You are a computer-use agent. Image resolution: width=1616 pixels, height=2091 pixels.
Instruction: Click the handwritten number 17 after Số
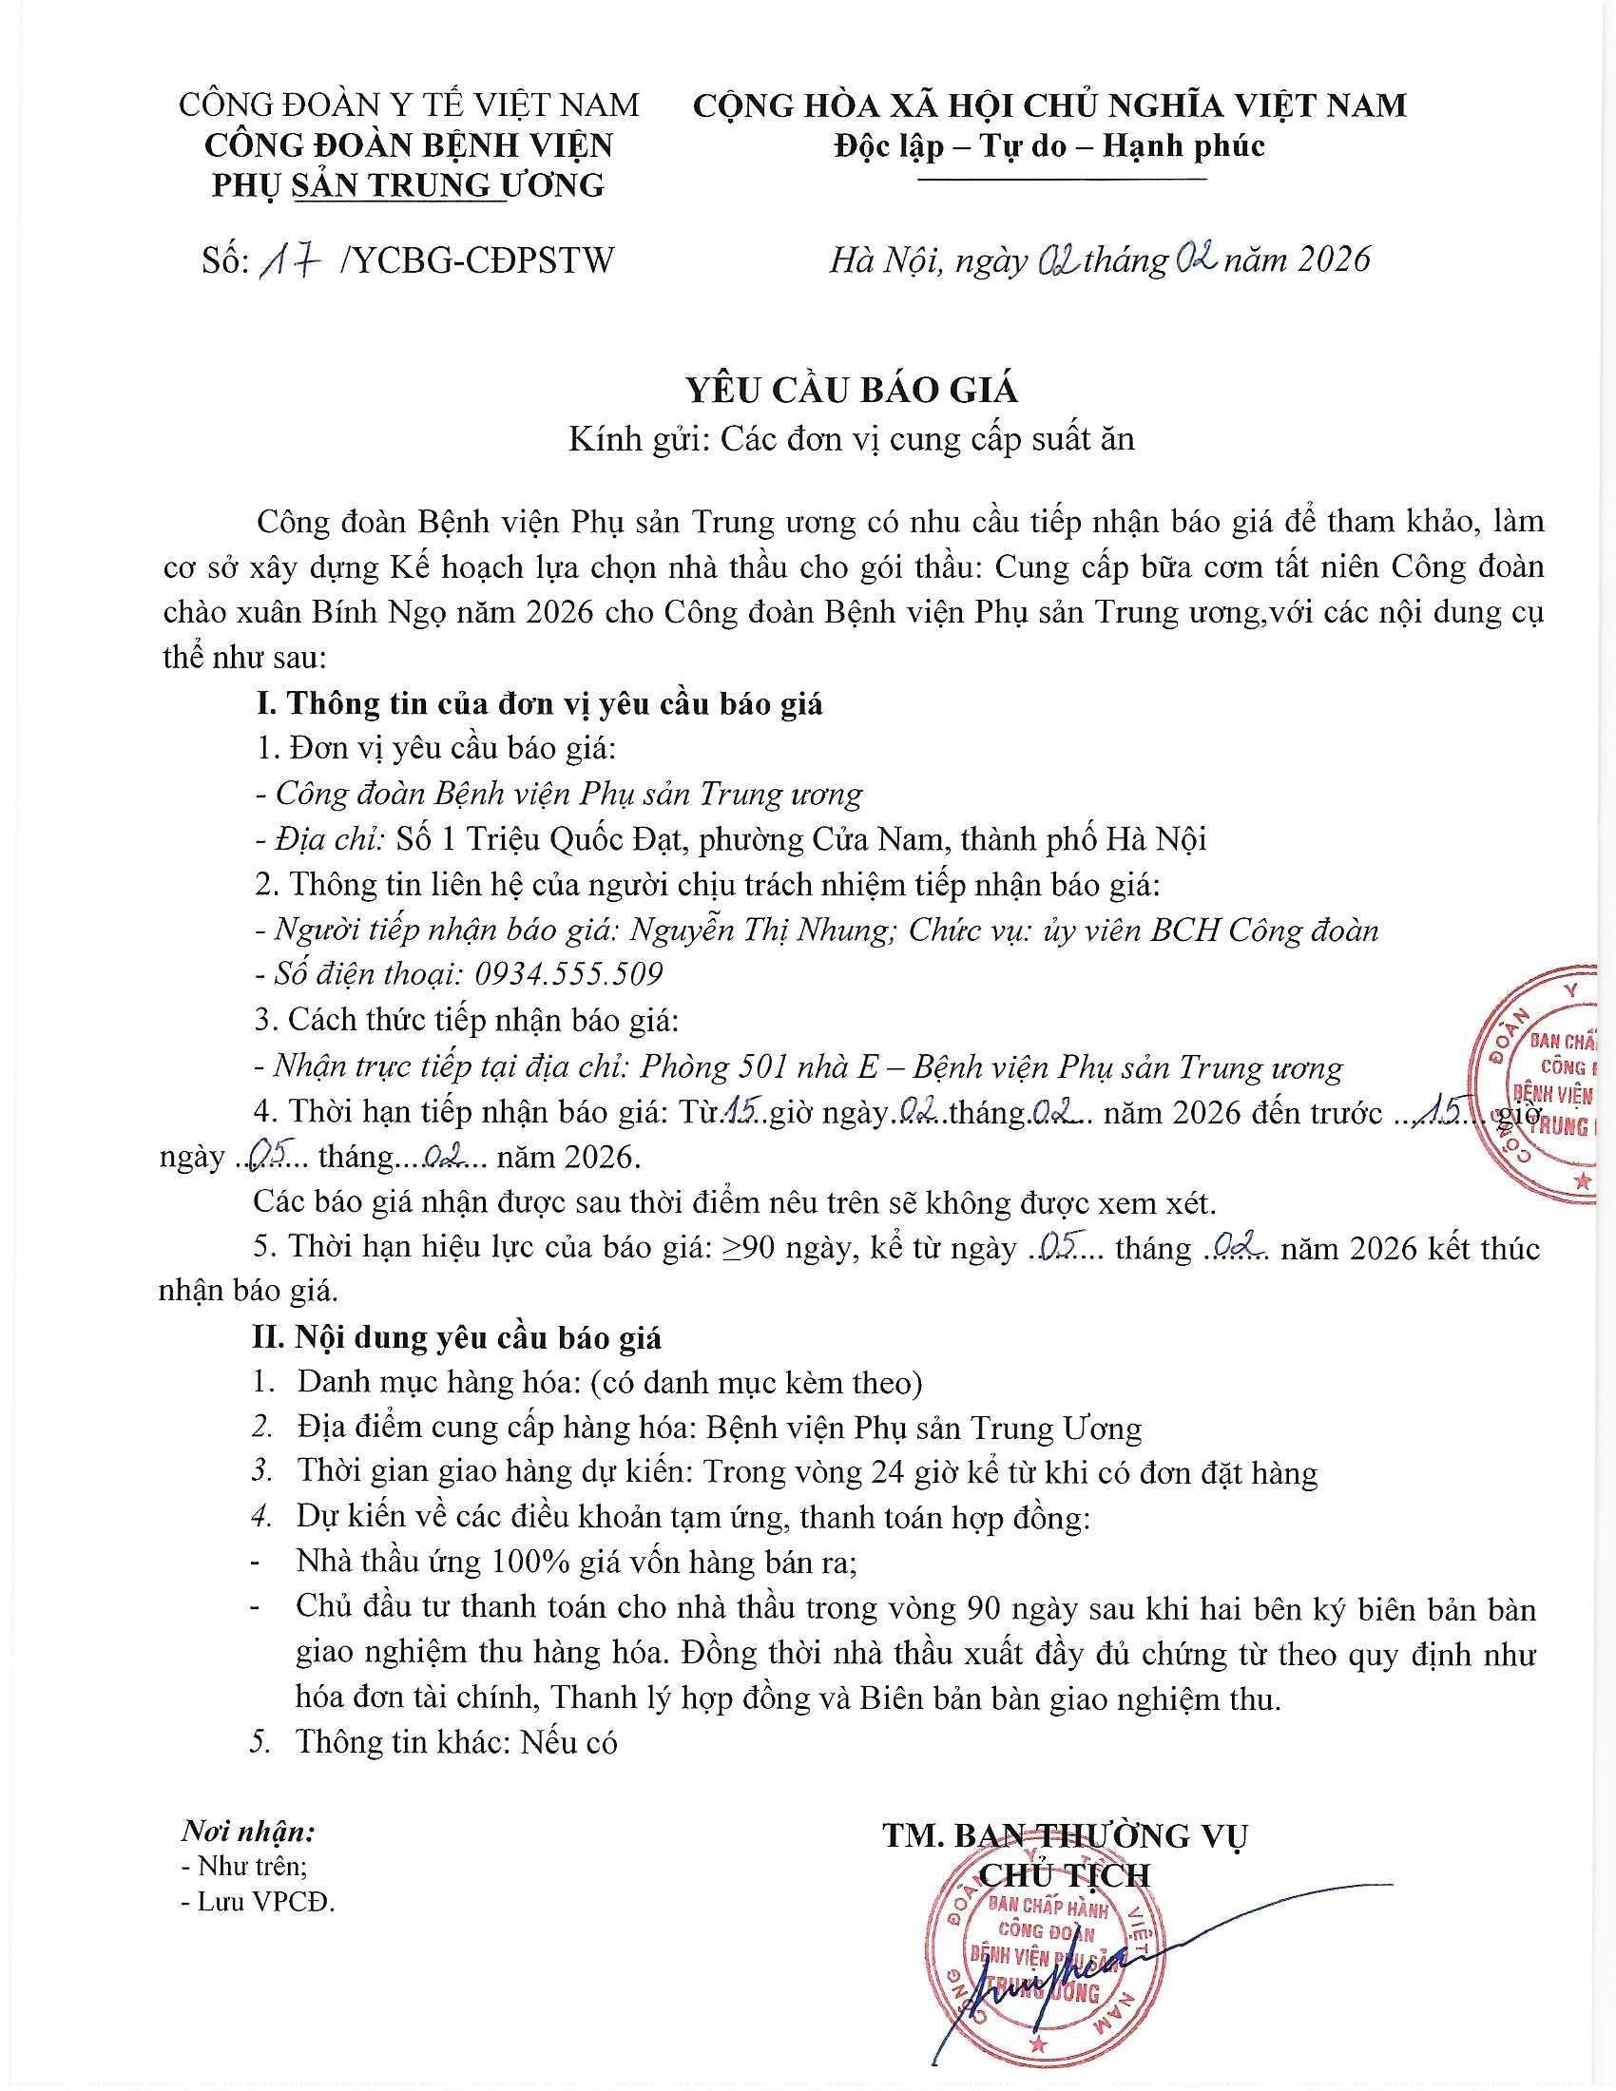pos(289,260)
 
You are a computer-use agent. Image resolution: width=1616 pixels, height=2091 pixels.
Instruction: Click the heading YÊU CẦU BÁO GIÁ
pos(851,390)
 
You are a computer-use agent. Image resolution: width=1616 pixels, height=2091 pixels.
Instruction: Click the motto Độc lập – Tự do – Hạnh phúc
pos(1049,146)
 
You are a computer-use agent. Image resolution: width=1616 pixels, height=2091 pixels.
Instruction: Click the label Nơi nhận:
pos(248,1833)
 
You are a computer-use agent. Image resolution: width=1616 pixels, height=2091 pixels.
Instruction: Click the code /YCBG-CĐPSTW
pos(476,260)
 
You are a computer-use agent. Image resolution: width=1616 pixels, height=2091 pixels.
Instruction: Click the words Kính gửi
pos(638,438)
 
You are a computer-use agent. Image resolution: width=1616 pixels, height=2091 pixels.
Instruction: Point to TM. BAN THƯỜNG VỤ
pos(1066,1835)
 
